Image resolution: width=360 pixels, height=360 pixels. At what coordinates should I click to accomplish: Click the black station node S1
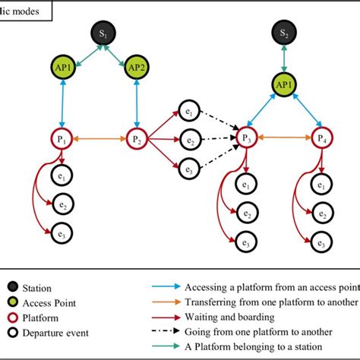(x=102, y=34)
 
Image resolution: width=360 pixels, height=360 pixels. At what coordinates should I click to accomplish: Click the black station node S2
(x=284, y=34)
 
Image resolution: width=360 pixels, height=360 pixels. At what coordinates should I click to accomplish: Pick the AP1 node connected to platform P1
(x=65, y=65)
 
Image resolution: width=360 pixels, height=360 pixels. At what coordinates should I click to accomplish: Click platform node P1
(x=65, y=140)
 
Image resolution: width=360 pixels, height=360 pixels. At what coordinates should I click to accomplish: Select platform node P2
(x=137, y=140)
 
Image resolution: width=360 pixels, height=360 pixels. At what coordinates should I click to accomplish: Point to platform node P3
(x=245, y=140)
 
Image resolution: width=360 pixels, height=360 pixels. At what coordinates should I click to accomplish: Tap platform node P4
(x=319, y=140)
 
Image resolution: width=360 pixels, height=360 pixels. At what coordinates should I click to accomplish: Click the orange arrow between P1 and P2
(x=101, y=140)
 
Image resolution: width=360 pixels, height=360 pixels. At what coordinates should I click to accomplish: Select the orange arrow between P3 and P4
(x=283, y=140)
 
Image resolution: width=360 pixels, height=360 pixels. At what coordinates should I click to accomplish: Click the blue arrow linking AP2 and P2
(x=137, y=103)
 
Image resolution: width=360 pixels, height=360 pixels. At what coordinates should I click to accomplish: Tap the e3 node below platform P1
(x=65, y=232)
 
